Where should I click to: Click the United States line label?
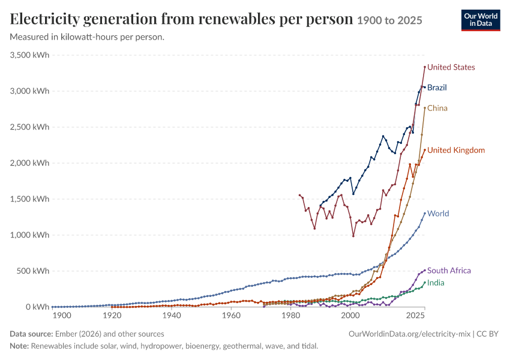point(451,67)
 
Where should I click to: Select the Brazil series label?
point(437,88)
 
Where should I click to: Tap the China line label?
point(437,108)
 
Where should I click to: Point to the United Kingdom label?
point(455,150)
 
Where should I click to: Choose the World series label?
point(438,214)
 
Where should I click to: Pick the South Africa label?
point(449,271)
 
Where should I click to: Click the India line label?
point(436,283)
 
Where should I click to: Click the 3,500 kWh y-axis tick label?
point(29,55)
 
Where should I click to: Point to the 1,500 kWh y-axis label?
point(29,199)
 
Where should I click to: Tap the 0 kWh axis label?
point(38,307)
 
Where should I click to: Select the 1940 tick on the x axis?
point(172,316)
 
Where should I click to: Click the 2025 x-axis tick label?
point(415,316)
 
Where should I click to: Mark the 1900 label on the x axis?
point(62,316)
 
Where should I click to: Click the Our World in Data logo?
point(481,20)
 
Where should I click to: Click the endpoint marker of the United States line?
point(425,67)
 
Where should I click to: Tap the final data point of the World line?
point(425,214)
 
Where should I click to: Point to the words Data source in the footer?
point(31,334)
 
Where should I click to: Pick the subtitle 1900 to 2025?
point(389,20)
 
